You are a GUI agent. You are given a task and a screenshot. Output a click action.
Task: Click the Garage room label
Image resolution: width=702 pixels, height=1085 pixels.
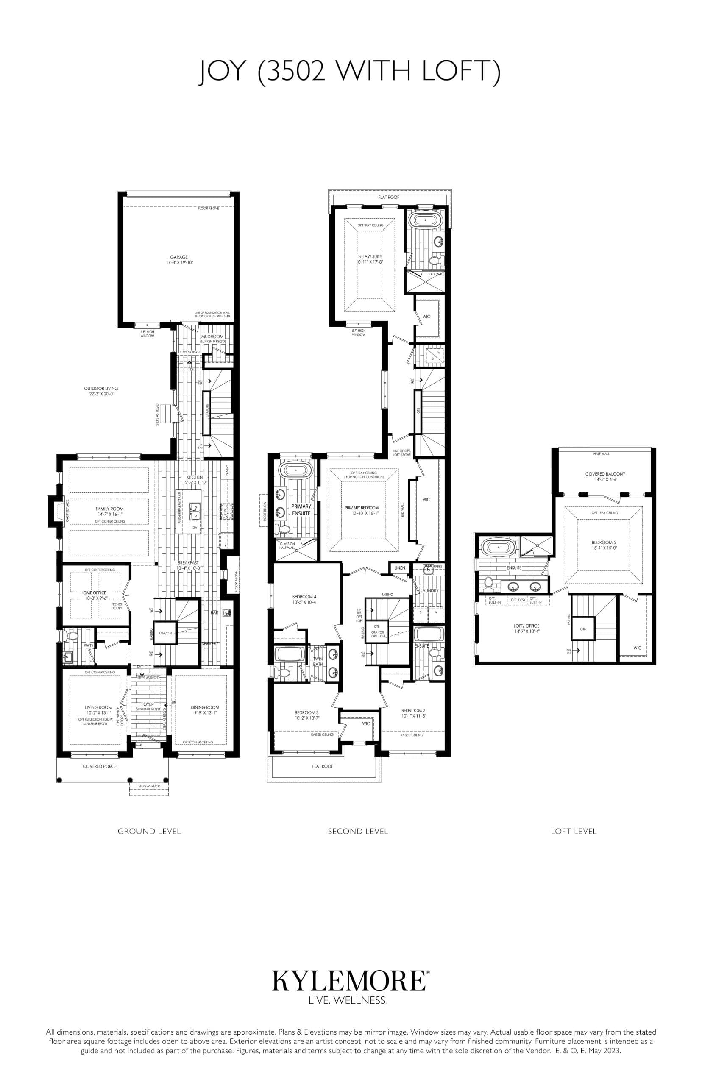coord(179,257)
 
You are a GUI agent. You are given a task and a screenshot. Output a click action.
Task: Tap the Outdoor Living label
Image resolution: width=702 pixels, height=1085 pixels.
coord(101,389)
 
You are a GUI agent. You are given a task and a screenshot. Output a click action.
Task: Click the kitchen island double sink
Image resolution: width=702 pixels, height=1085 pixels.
coord(195,511)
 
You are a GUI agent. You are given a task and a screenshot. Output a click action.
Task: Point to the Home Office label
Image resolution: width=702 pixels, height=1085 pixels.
coord(93,593)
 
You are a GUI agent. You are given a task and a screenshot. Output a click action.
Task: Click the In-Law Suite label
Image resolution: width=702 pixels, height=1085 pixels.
coord(369,256)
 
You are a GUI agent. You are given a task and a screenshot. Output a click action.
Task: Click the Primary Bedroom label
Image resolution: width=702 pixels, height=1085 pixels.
coord(362,508)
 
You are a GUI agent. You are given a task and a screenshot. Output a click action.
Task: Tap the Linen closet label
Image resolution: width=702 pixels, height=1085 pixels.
coord(399,568)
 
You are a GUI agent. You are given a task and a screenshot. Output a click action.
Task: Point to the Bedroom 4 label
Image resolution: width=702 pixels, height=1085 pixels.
coord(304,596)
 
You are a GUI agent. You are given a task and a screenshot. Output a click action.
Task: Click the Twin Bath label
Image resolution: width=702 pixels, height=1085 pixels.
coord(318,661)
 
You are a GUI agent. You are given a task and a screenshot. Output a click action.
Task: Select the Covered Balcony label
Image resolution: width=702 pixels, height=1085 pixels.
coord(605,474)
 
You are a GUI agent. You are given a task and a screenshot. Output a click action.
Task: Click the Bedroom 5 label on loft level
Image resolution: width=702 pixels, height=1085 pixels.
coord(604,542)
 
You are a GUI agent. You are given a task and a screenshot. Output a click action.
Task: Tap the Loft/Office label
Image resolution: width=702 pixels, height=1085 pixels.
coord(526,626)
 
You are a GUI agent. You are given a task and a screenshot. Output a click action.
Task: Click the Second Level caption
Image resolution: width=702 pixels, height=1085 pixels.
coord(358,831)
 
